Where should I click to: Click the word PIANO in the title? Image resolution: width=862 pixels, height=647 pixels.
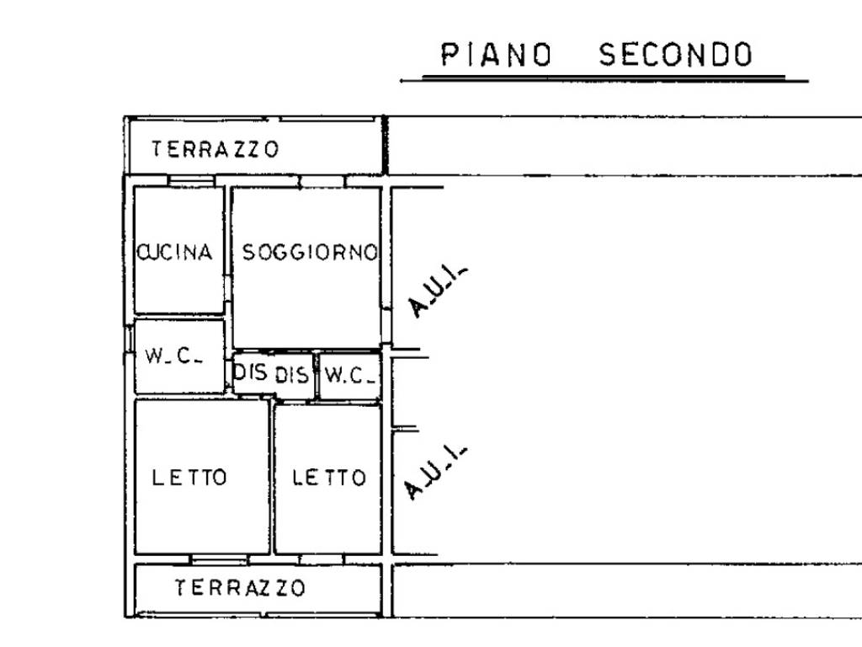[497, 56]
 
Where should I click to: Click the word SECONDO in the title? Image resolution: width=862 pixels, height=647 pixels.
[675, 56]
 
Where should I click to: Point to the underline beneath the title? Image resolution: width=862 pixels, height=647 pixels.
[604, 79]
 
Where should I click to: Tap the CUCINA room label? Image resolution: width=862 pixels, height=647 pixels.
[175, 252]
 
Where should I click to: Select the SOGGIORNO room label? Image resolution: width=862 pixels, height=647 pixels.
[309, 252]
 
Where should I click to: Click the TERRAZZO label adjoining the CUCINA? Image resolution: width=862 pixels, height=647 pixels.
[215, 150]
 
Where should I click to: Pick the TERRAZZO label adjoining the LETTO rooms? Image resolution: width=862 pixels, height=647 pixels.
[240, 587]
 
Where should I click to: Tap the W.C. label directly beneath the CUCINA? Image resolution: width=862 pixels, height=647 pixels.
[173, 356]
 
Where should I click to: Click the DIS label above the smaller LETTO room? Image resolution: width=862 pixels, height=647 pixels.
[291, 376]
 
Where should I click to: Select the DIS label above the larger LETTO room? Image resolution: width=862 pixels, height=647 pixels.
[250, 372]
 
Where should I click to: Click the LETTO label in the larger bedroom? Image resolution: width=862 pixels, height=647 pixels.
[189, 478]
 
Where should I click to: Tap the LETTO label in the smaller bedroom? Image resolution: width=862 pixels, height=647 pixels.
[329, 478]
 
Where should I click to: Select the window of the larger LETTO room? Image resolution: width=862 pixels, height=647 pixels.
[219, 559]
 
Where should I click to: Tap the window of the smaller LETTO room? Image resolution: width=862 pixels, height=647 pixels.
[320, 559]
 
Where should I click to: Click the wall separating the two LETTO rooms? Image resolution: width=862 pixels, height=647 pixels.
[272, 478]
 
